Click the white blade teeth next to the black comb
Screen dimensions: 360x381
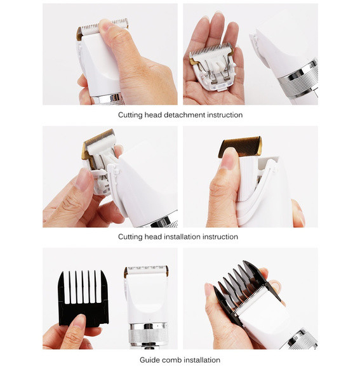click(146, 269)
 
